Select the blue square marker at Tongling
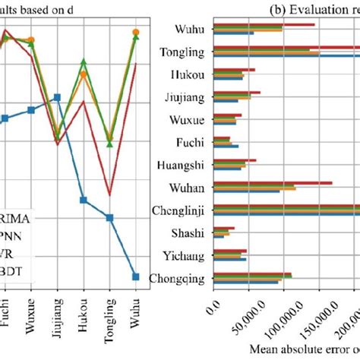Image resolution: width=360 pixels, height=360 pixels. pos(109,218)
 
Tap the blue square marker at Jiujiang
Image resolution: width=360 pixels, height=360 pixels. pos(57,97)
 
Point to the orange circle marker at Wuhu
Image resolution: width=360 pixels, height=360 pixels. pos(136,33)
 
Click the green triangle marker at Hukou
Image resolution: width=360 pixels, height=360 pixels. pos(84,62)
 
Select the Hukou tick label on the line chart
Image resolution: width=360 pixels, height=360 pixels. pos(83,313)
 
